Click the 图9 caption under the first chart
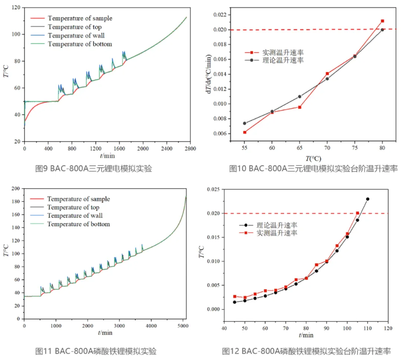[93, 168]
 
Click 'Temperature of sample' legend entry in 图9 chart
[80, 18]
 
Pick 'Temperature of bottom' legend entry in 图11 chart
[79, 224]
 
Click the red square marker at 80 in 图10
[382, 21]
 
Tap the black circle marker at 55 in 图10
[244, 123]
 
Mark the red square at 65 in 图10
[299, 107]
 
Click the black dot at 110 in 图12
[367, 199]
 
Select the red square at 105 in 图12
[357, 213]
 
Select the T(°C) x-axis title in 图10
[314, 158]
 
